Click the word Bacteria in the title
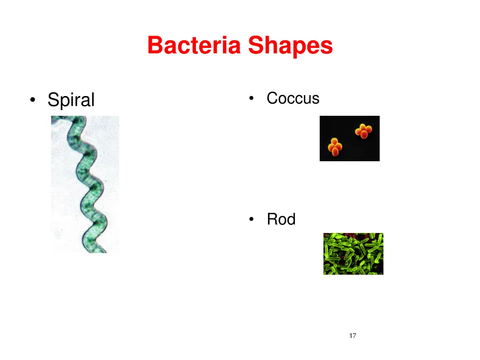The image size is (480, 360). click(194, 45)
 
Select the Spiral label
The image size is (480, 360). click(71, 100)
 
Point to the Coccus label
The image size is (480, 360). click(293, 98)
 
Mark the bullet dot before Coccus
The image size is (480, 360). click(252, 98)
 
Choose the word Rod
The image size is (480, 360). click(281, 219)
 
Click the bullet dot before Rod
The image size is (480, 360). click(252, 219)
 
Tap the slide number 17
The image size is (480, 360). click(352, 336)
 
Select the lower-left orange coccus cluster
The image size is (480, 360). click(335, 146)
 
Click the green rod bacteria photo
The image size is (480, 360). click(353, 254)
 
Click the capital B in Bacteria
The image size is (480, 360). click(155, 45)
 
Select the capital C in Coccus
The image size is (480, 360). click(271, 98)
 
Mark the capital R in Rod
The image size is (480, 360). click(271, 219)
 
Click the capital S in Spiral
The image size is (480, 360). click(52, 100)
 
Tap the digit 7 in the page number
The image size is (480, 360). click(354, 336)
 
